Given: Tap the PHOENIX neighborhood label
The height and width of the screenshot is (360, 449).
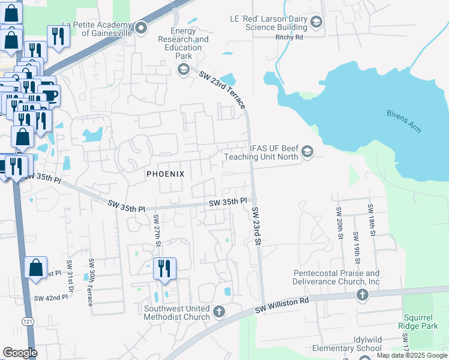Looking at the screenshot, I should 165,173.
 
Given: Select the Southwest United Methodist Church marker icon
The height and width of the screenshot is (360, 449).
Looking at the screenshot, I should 219,311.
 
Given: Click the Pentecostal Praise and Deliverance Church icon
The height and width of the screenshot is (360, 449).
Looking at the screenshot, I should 362,295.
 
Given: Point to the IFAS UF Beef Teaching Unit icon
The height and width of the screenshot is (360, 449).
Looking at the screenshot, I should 307,151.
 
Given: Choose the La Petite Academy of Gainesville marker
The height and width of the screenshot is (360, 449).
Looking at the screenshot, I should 142,28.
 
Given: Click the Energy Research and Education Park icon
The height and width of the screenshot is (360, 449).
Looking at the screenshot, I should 183,70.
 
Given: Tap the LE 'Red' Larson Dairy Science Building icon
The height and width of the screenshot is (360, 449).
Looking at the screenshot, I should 316,23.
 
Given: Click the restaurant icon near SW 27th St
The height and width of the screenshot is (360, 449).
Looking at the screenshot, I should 164,268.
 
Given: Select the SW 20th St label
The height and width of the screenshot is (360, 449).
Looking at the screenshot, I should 339,223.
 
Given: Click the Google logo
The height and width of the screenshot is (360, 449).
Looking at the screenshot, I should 20,353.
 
